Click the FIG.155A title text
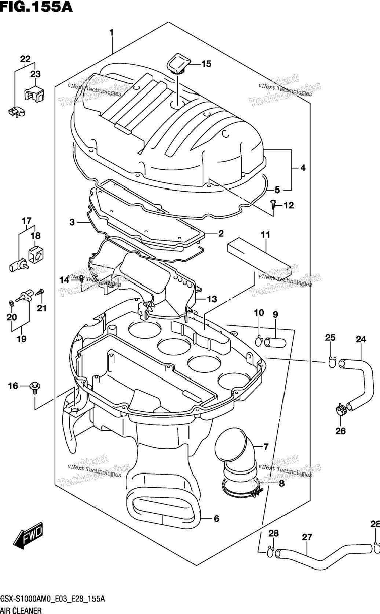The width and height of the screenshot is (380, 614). (x=36, y=7)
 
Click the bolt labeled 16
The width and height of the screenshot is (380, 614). (x=35, y=387)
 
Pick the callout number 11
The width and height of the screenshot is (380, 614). (x=265, y=235)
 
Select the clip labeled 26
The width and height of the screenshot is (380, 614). (x=341, y=410)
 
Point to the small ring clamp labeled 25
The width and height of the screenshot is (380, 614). (x=332, y=362)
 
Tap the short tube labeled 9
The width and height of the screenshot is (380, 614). (x=275, y=343)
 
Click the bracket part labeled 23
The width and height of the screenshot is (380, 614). (x=35, y=93)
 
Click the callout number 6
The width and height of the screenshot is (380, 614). (x=216, y=519)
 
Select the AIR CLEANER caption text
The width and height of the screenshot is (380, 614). (x=21, y=610)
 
